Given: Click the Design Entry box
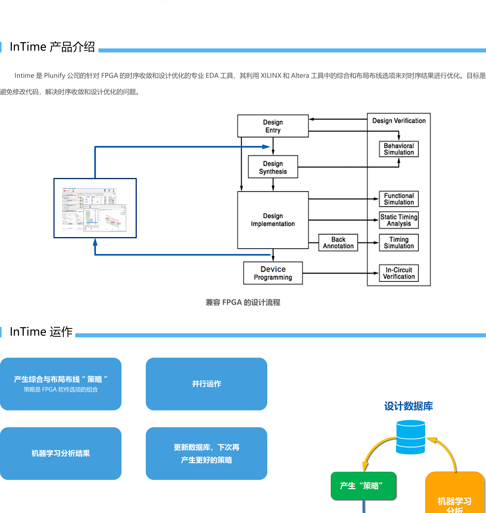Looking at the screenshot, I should [273, 126].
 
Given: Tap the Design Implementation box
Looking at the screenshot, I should [273, 220].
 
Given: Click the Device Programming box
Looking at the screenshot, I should [273, 273].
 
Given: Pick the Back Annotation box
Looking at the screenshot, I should [338, 243].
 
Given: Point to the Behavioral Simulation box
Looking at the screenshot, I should [399, 149].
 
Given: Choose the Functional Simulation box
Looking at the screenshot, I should [399, 199].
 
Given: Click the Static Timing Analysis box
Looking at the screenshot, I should [399, 220].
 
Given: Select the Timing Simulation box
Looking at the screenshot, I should [399, 243].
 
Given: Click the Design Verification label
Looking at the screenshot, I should [399, 121].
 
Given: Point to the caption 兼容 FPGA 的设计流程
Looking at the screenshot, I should [243, 302].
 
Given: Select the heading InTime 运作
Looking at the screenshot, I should [41, 332].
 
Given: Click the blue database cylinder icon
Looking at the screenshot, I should [411, 437].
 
